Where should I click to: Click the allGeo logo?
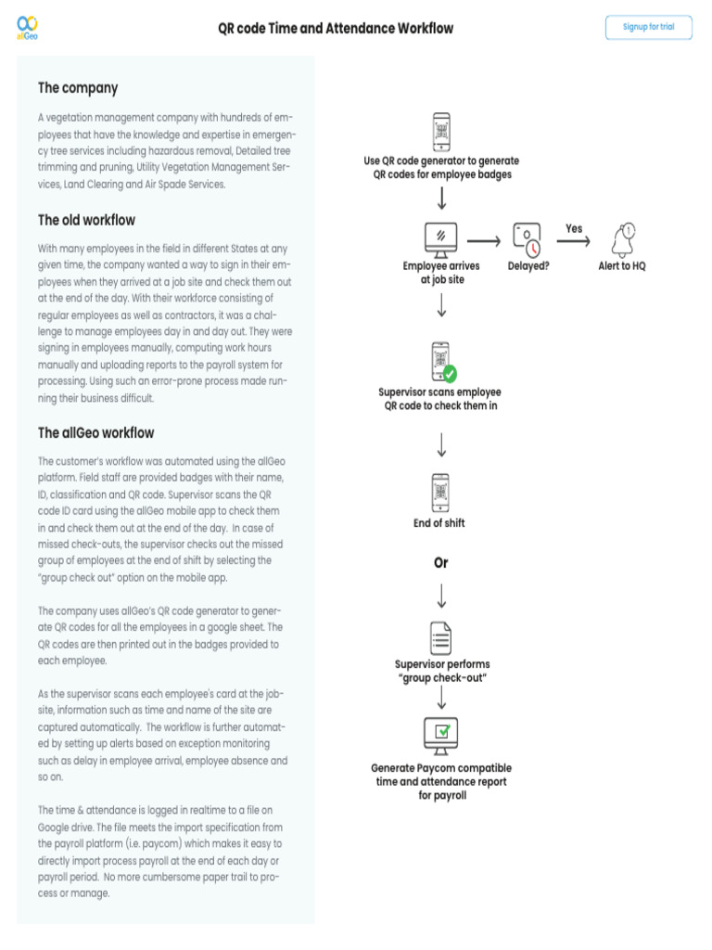(x=28, y=27)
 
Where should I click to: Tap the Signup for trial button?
(x=648, y=27)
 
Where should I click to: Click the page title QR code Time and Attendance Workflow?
(x=336, y=29)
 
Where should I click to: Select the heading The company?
(x=78, y=88)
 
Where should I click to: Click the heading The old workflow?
(x=86, y=221)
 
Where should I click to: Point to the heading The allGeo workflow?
(x=95, y=433)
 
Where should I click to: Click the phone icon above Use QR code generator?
(x=441, y=132)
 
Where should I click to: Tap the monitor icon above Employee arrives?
(x=440, y=240)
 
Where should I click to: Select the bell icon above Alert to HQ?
(x=622, y=240)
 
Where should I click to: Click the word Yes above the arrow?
(x=574, y=228)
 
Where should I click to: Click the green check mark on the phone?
(x=450, y=373)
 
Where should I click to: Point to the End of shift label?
(x=439, y=523)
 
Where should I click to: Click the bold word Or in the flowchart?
(x=441, y=563)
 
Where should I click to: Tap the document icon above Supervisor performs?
(x=441, y=637)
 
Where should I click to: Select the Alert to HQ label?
(x=622, y=266)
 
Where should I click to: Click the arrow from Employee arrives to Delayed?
(x=485, y=241)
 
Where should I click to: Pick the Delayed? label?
(x=528, y=266)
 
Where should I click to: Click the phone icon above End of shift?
(x=441, y=491)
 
